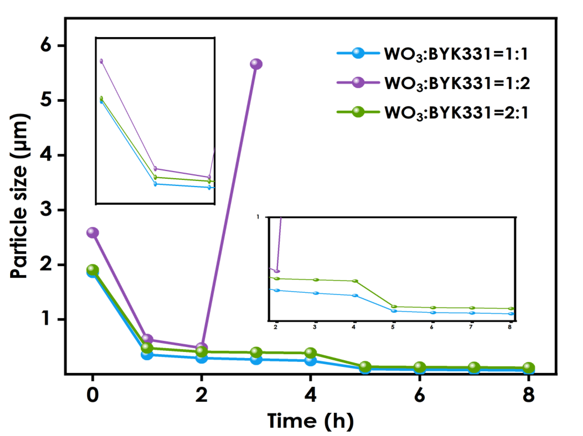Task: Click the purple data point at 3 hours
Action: [256, 64]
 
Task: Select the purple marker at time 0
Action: [93, 232]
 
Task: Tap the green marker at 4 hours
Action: [310, 353]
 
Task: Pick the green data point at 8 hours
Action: [528, 367]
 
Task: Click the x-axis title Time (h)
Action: [310, 421]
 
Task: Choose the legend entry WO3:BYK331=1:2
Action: [457, 83]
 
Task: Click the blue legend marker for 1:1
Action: [358, 53]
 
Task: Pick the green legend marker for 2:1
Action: [358, 112]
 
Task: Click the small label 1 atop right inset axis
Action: [258, 217]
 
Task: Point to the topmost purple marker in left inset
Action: [101, 61]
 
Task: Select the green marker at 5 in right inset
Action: [394, 306]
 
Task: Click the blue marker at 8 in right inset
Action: [511, 314]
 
